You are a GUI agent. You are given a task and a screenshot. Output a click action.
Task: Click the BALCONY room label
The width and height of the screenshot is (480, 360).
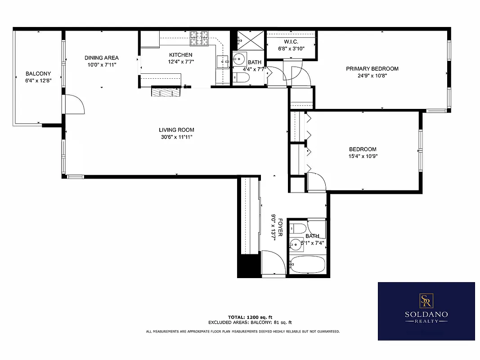coord(38,73)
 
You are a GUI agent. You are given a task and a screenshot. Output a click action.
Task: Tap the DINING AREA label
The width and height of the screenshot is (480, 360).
coord(102,58)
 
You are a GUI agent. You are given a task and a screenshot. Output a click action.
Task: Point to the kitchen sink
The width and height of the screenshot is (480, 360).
coord(223,60)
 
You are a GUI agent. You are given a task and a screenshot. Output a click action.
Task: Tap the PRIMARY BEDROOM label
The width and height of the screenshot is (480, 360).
coord(372,69)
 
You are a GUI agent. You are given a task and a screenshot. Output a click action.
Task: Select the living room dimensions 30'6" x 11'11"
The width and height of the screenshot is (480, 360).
coord(176,137)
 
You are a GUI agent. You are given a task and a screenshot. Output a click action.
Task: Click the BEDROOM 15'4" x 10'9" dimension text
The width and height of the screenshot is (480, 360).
coord(363,156)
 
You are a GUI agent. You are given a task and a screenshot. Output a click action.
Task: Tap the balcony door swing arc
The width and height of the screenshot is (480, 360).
coord(76,104)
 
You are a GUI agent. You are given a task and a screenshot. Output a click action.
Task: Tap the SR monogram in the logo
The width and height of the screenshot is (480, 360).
coord(426,300)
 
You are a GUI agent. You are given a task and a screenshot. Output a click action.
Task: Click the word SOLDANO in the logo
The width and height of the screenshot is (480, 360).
coord(426,314)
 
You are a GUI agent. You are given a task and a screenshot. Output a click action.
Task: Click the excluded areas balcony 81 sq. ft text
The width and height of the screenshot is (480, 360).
coord(250,322)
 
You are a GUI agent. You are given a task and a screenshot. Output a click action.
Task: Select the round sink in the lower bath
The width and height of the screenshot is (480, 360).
coord(296,245)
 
